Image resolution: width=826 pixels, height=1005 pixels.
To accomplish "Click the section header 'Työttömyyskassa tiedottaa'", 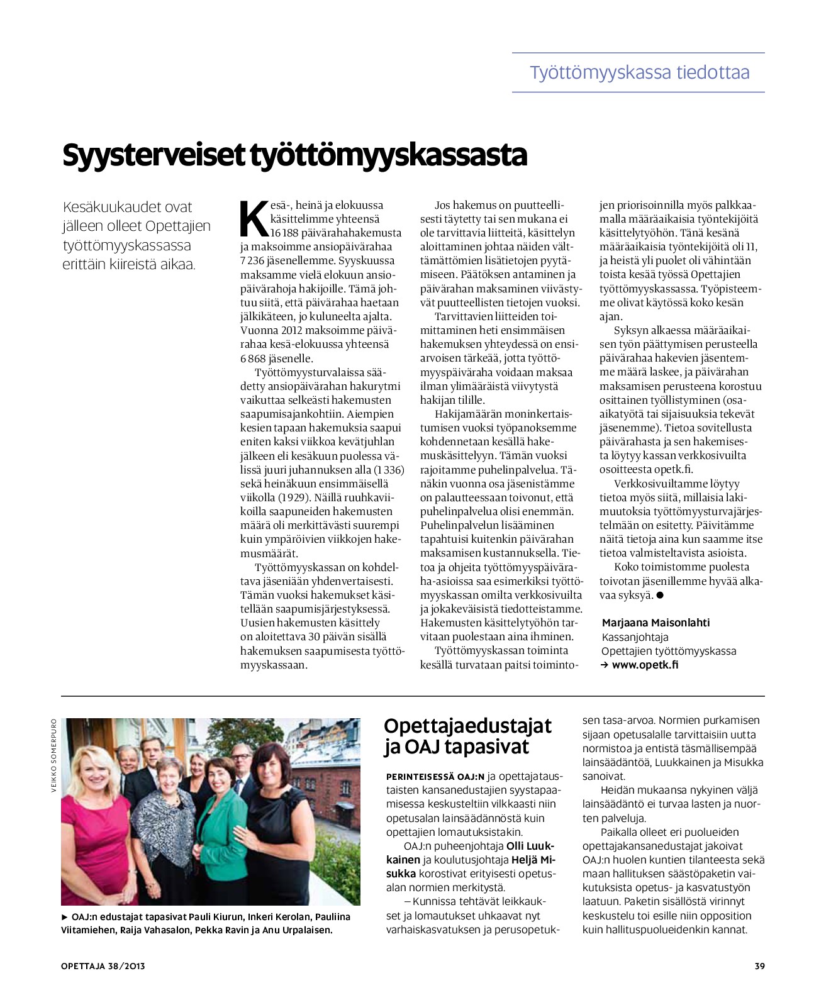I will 639,72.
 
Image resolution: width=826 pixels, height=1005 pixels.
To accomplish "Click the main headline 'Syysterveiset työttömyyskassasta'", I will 294,155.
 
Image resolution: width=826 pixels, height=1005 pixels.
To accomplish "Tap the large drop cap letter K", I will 254,218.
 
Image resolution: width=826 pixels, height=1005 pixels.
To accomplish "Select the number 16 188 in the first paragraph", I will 284,233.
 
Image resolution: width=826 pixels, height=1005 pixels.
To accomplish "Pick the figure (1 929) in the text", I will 294,497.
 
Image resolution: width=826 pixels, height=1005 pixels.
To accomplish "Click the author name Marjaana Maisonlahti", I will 656,623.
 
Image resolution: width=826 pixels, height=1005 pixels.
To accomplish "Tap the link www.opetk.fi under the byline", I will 645,665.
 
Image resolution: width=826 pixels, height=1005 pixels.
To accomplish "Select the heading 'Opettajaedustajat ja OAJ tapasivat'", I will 467,736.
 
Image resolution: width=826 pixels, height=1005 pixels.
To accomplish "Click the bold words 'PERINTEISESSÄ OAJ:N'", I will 435,777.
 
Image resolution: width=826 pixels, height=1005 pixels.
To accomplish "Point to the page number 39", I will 759,966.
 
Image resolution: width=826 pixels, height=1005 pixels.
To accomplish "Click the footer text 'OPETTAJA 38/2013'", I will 103,966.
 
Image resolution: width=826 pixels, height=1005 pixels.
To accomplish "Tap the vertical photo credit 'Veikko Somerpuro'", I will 54,755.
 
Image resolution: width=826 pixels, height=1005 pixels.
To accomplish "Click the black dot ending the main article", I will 660,595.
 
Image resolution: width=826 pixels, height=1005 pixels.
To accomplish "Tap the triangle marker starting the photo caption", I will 65,917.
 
